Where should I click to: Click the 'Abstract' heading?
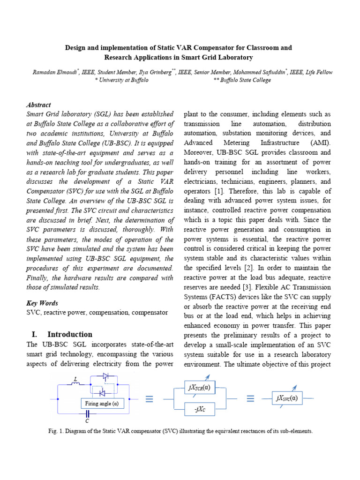tap(39, 105)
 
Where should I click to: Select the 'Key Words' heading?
tap(42, 303)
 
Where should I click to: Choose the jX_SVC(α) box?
tap(287, 398)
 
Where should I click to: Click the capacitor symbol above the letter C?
tap(87, 414)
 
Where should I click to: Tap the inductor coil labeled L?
tap(76, 385)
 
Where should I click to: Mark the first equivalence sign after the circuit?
tap(149, 399)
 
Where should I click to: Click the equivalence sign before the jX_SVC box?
tap(250, 399)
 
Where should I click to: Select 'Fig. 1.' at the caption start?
tap(56, 431)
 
